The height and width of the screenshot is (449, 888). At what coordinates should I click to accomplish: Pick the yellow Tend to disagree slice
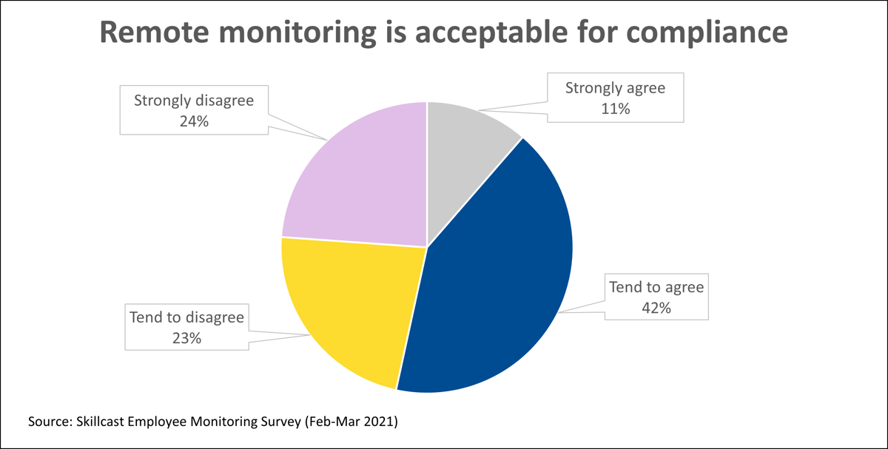click(348, 311)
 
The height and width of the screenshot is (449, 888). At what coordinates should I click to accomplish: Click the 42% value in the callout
click(656, 308)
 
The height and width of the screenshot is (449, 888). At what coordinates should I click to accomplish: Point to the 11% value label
click(615, 109)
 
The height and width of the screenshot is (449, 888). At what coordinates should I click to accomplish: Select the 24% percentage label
click(193, 120)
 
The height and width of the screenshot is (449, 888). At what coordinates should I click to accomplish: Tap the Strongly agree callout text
click(615, 88)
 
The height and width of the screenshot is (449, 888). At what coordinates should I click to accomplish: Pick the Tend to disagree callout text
click(186, 318)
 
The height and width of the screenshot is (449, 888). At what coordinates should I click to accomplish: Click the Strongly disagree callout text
click(193, 100)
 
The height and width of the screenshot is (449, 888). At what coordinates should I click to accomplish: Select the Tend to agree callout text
click(656, 287)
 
